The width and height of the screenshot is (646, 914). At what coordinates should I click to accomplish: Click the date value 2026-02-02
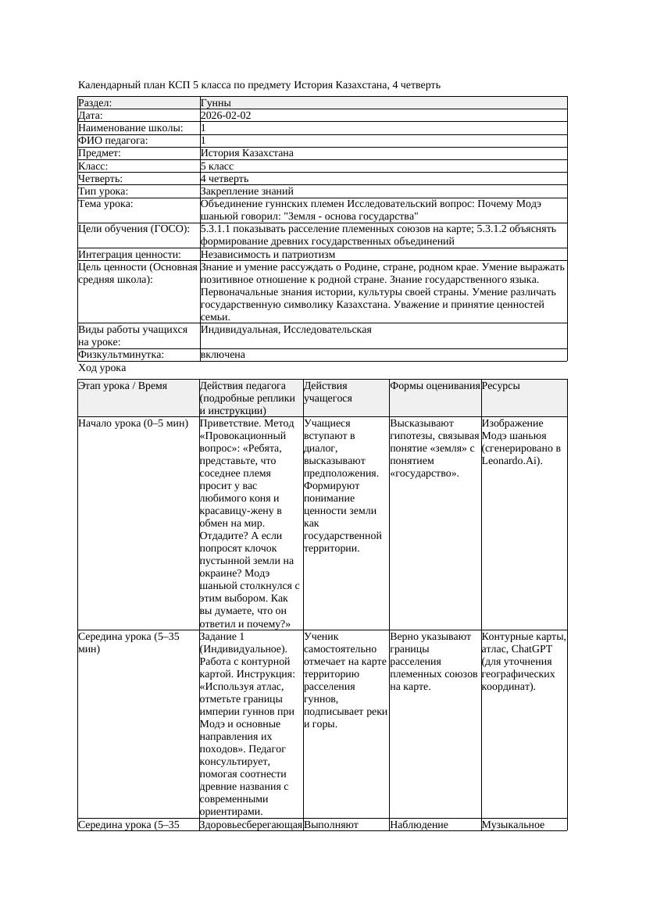[x=226, y=116]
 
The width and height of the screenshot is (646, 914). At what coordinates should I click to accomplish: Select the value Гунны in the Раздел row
[x=216, y=103]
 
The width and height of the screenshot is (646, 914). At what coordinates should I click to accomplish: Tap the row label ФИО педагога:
[x=113, y=141]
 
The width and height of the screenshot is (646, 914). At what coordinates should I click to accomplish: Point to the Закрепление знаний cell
[x=247, y=191]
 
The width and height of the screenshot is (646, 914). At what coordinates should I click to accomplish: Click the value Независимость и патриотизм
[x=267, y=254]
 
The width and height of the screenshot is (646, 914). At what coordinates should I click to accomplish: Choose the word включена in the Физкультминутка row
[x=223, y=355]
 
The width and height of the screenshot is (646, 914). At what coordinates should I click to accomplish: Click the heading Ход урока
[x=102, y=367]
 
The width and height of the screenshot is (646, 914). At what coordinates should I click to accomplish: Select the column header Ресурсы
[x=501, y=386]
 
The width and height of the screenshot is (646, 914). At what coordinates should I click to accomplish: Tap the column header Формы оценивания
[x=434, y=386]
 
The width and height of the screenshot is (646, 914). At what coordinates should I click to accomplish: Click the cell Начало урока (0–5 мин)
[x=133, y=423]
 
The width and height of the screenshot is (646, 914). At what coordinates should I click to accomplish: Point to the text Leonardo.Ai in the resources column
[x=509, y=461]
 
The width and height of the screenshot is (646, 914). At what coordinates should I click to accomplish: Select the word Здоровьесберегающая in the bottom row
[x=251, y=824]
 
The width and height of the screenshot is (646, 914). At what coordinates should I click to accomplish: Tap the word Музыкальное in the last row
[x=512, y=824]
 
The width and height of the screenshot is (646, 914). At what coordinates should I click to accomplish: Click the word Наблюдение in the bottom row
[x=419, y=824]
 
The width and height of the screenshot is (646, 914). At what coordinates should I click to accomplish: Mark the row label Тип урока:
[x=103, y=191]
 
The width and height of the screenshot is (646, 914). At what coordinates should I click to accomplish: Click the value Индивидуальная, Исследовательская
[x=286, y=330]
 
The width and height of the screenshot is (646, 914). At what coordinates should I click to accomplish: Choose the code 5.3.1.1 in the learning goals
[x=219, y=229]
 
